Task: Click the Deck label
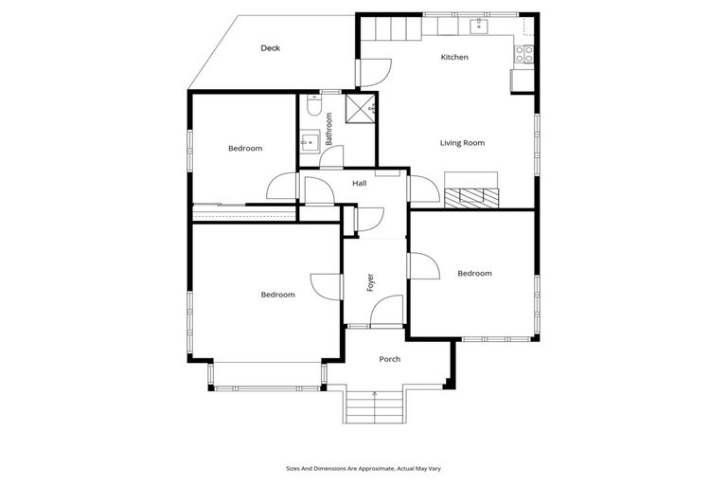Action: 270,48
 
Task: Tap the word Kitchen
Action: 454,58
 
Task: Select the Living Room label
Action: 462,143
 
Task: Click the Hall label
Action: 359,183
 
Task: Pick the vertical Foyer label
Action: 370,281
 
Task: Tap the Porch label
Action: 389,359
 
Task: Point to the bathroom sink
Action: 307,142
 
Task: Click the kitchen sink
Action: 480,24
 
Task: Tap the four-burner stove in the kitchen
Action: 523,54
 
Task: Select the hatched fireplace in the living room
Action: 471,197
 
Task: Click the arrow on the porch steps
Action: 376,393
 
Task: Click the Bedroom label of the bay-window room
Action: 277,295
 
